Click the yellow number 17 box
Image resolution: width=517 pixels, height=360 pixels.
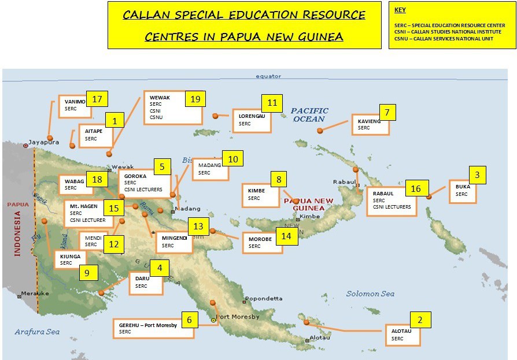(97, 99)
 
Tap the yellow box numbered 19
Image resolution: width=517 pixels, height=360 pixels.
(195, 99)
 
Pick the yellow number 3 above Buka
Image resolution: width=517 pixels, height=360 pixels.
(477, 175)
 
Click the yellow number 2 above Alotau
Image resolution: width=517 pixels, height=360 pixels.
(420, 320)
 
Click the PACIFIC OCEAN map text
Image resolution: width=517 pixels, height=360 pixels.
(309, 114)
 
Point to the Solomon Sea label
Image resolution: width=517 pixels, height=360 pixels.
(370, 294)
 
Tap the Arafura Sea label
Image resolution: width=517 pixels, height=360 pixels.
(37, 332)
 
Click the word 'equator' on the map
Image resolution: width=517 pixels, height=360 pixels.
(268, 76)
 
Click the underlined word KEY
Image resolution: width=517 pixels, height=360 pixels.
(400, 10)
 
